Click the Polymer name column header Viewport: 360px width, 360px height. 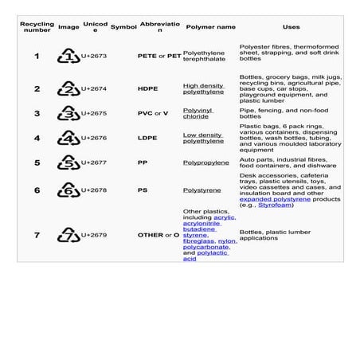click(210, 26)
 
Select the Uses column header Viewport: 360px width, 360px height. click(291, 26)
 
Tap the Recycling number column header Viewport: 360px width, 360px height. click(36, 26)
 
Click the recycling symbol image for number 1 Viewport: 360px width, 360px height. click(68, 57)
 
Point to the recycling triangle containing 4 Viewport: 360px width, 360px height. click(68, 139)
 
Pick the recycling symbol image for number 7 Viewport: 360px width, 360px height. click(68, 235)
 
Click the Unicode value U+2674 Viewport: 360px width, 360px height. click(95, 89)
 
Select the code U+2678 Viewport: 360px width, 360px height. click(95, 190)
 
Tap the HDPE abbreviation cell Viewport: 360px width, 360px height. click(147, 89)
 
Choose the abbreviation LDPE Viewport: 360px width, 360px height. click(147, 139)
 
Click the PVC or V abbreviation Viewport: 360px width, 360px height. click(154, 114)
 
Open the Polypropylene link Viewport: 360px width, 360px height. click(206, 162)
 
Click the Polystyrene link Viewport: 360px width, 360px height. click(202, 190)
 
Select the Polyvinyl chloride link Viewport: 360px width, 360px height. click(198, 113)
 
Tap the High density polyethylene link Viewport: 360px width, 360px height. click(203, 88)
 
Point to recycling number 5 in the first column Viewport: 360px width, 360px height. click(37, 162)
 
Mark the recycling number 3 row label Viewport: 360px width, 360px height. click(37, 114)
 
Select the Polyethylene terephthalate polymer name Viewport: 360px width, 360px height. click(204, 56)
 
